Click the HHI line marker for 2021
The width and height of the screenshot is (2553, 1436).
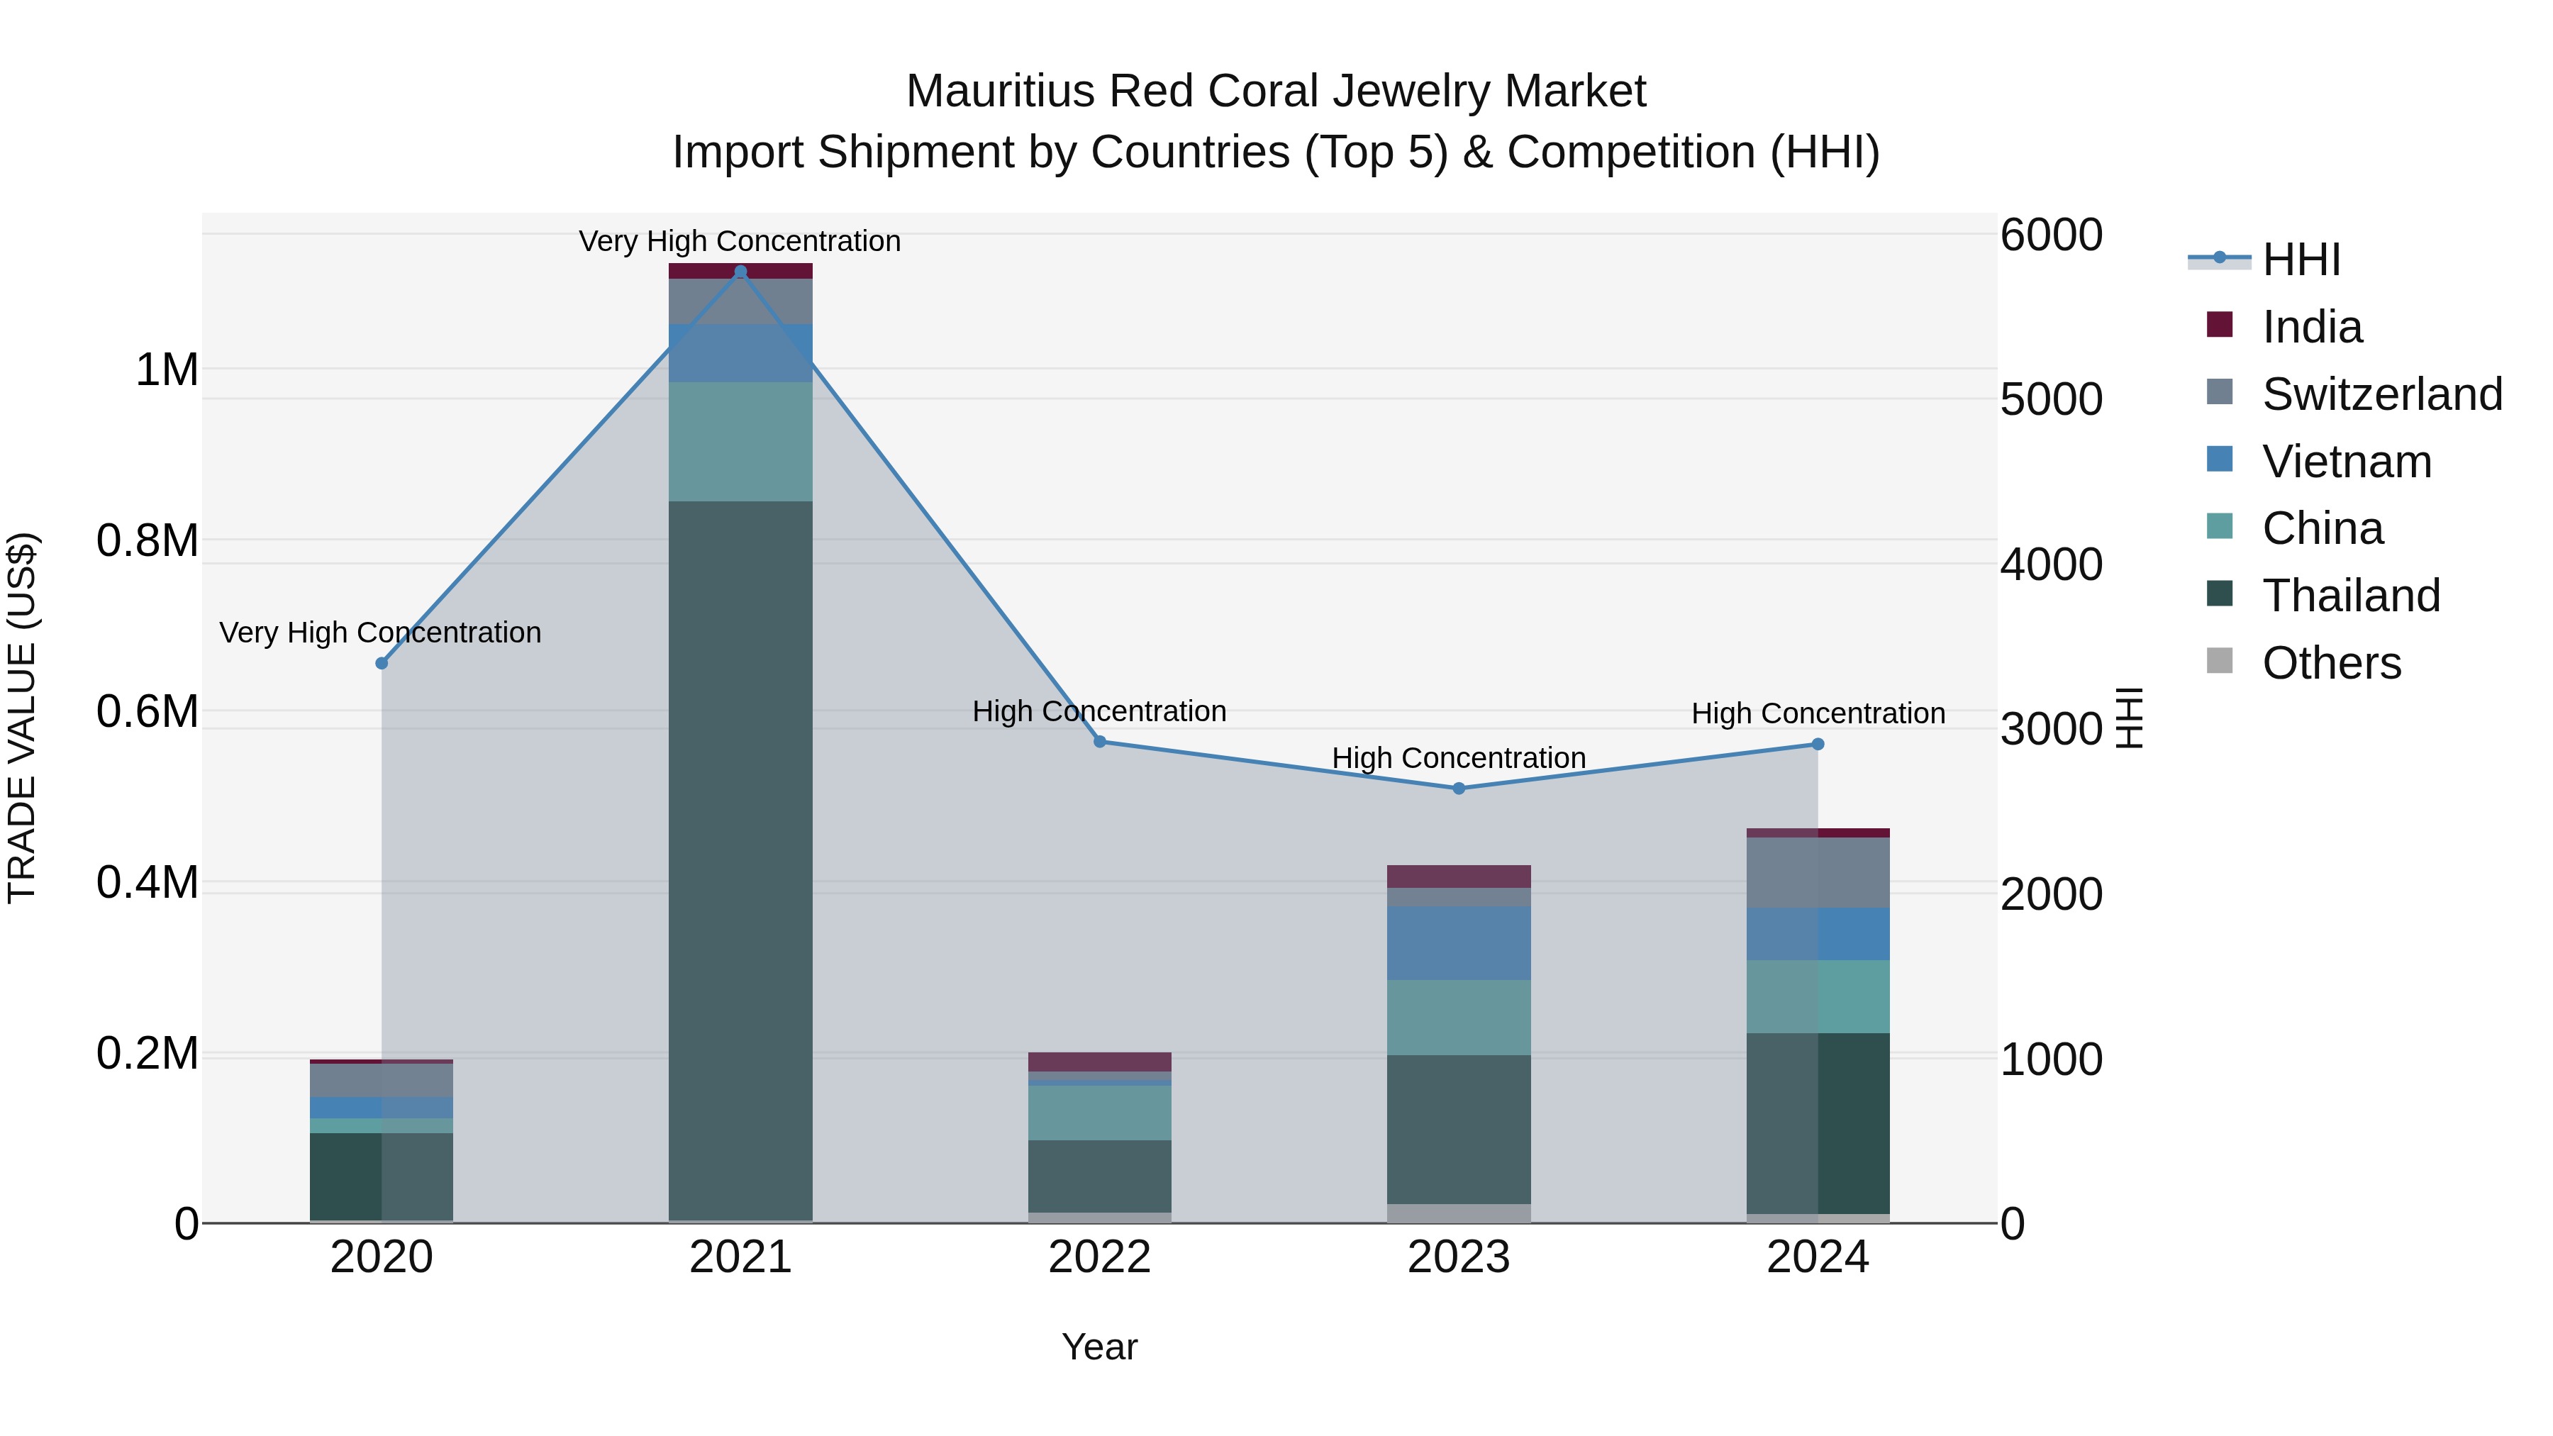point(740,272)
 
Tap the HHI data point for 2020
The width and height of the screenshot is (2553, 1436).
point(382,663)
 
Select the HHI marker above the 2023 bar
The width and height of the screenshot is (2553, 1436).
point(1458,789)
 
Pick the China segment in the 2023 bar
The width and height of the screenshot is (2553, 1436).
point(1458,1017)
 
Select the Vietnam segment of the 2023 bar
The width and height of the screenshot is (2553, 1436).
point(1458,942)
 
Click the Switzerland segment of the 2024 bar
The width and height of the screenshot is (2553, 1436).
point(1817,872)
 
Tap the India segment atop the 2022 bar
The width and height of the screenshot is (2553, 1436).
point(1099,1062)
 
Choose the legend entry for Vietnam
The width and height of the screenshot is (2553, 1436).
point(2345,462)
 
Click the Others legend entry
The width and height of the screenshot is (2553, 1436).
point(2330,663)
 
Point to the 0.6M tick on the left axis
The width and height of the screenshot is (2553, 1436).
point(147,711)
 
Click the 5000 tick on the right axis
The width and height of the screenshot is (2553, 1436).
point(2050,399)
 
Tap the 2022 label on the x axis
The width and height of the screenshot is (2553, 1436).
point(1099,1257)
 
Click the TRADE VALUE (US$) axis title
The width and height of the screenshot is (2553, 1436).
point(22,718)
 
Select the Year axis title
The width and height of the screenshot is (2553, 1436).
point(1099,1347)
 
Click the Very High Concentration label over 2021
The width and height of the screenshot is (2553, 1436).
point(740,241)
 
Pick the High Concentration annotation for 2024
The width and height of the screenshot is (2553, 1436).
point(1818,713)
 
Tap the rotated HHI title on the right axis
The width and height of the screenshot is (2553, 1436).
point(2129,718)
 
